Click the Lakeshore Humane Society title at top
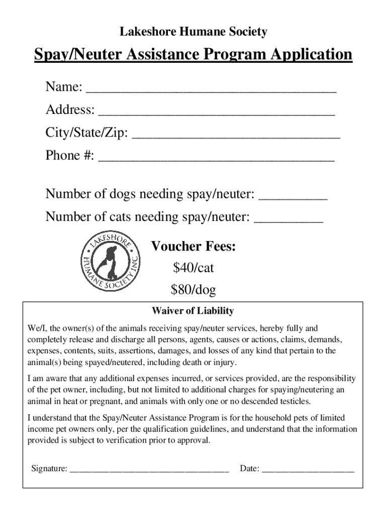click(x=193, y=33)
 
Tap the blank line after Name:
click(x=211, y=91)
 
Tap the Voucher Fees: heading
click(x=193, y=246)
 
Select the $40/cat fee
click(x=193, y=268)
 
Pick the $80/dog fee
click(x=193, y=290)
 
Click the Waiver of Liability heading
click(x=193, y=311)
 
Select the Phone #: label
click(x=70, y=156)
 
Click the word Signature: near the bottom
click(x=49, y=469)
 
